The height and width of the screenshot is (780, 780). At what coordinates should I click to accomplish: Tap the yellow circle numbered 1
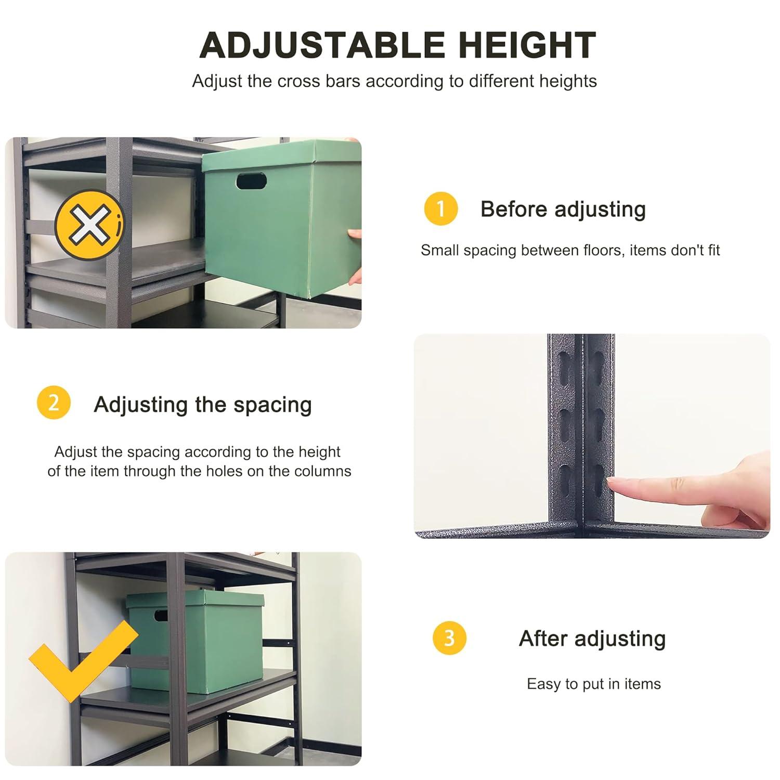coord(440,209)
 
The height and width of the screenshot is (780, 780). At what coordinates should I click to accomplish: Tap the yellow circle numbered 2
coord(54,404)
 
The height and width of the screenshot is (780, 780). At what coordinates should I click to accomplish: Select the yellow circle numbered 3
coord(449,638)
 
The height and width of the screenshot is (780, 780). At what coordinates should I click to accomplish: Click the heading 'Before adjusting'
coord(563,209)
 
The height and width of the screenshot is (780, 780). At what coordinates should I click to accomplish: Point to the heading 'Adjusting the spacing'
coord(203,404)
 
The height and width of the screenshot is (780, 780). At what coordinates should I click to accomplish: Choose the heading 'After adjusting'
coord(592,638)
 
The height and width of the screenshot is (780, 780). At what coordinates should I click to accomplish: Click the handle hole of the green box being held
coord(251,181)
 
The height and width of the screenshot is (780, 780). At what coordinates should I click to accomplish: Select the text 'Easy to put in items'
coord(593,684)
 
